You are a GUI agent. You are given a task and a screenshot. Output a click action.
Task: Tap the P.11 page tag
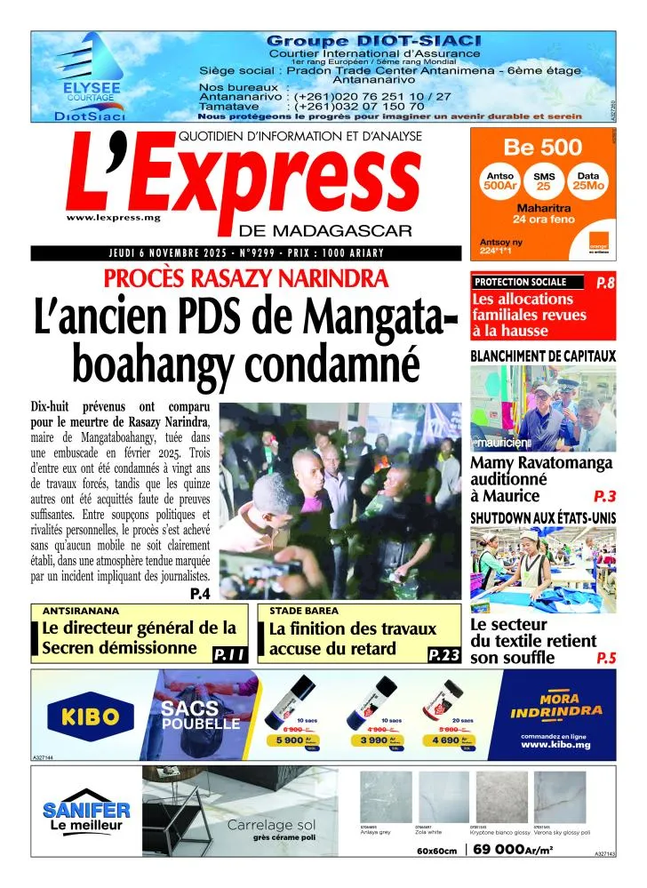pos(228,656)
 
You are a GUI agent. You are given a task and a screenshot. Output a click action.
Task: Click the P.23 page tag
pos(443,656)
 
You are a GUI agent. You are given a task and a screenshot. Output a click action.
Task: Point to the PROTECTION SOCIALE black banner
pos(528,282)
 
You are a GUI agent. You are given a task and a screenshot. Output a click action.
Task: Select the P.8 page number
pos(605,283)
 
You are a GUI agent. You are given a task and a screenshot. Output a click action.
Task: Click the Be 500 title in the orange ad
pos(542,147)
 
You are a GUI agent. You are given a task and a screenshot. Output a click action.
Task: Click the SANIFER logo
pos(87,811)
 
